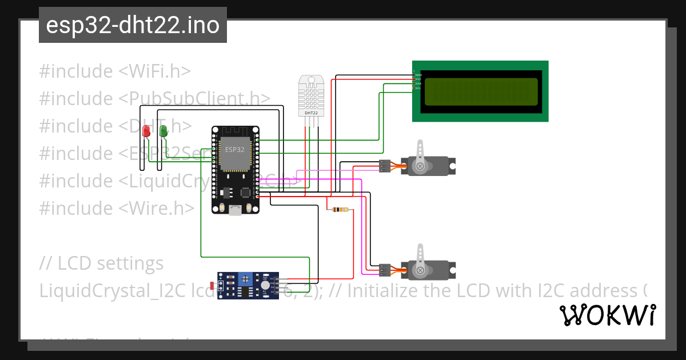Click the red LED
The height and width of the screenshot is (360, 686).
click(146, 131)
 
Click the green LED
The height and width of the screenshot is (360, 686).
click(163, 131)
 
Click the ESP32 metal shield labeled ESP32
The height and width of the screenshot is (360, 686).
click(235, 153)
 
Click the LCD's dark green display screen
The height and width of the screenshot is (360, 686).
click(481, 91)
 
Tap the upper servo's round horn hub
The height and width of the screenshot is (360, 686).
click(421, 166)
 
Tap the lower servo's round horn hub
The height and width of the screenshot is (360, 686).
click(421, 269)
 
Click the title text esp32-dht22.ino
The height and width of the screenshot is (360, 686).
click(133, 26)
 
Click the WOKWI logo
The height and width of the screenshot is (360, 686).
click(607, 315)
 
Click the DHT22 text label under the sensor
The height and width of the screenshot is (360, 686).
click(311, 113)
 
